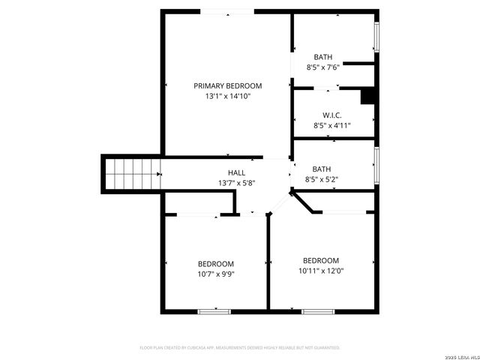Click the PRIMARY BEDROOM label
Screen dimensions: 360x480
point(228,85)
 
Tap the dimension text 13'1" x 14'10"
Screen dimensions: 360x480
point(228,96)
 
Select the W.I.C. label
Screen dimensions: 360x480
point(332,115)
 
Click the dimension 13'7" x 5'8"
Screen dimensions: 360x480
point(237,183)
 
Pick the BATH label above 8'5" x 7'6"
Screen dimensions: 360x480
point(323,57)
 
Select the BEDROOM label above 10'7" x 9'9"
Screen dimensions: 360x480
point(216,263)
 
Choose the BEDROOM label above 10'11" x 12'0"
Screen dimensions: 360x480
point(321,260)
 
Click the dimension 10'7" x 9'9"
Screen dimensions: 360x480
point(216,274)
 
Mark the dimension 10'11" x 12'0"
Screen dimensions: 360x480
point(321,271)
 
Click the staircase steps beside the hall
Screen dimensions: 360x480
point(132,175)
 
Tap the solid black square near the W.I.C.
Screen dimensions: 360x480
point(367,97)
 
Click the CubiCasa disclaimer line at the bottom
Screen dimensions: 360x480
point(240,348)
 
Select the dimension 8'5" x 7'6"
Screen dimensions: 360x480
point(323,67)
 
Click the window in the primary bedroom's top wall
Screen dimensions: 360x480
point(226,11)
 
